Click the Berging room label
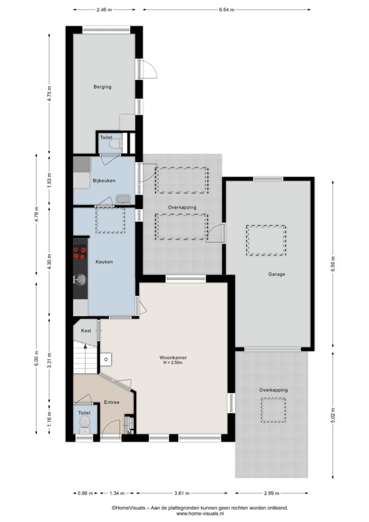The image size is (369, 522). pyautogui.click(x=102, y=87)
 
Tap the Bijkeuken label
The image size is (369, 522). pyautogui.click(x=104, y=181)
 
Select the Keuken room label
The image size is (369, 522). pyautogui.click(x=104, y=262)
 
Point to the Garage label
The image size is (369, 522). pyautogui.click(x=277, y=274)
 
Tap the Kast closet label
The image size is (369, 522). pyautogui.click(x=86, y=330)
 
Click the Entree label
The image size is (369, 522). pyautogui.click(x=112, y=402)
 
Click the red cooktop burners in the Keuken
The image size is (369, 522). pyautogui.click(x=80, y=252)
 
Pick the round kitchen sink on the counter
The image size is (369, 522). pyautogui.click(x=80, y=280)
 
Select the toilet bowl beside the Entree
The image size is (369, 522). pyautogui.click(x=85, y=422)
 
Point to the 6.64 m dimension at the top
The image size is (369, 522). pyautogui.click(x=227, y=10)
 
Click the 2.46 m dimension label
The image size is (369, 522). pyautogui.click(x=104, y=10)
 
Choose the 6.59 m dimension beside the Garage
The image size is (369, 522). pyautogui.click(x=333, y=264)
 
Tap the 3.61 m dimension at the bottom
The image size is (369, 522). pyautogui.click(x=181, y=493)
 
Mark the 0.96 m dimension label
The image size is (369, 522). pyautogui.click(x=85, y=493)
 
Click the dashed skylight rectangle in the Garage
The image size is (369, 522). pyautogui.click(x=266, y=241)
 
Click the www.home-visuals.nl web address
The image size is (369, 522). pyautogui.click(x=200, y=514)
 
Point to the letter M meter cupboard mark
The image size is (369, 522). pyautogui.click(x=130, y=433)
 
